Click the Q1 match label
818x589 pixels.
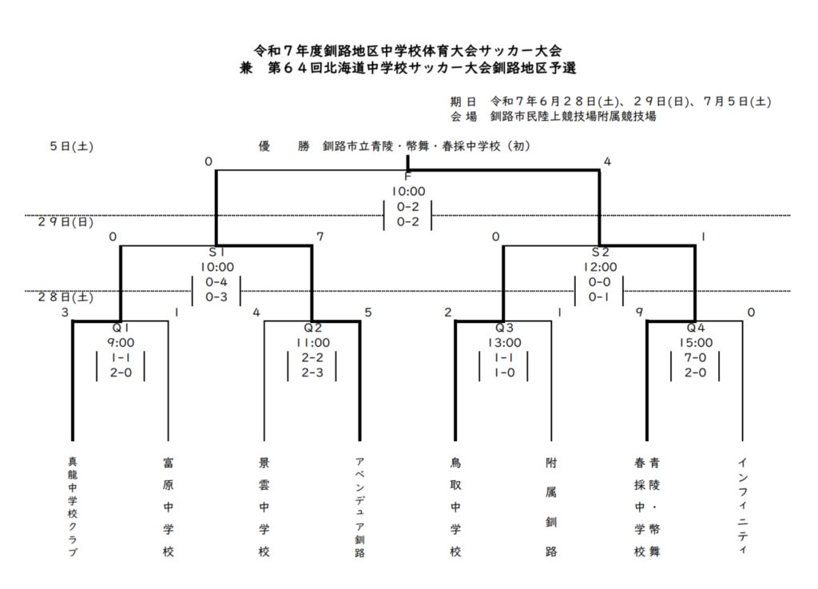coord(121,328)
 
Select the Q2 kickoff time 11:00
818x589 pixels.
coord(312,343)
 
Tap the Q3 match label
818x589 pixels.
coord(504,328)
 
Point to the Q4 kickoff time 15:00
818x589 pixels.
coord(696,343)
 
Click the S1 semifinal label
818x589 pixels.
coord(216,253)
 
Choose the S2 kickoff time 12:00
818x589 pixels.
coord(600,267)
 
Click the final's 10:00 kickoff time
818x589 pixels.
coord(408,192)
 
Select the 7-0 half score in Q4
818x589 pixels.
coord(696,358)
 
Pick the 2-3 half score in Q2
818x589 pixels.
coord(312,373)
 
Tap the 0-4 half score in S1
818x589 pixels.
coord(216,282)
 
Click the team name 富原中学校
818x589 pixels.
coord(168,507)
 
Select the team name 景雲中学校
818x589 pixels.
coord(264,507)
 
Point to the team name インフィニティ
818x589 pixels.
coord(743,506)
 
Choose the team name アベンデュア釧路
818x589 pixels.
coord(359,507)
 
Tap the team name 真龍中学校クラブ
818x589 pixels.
coord(73,507)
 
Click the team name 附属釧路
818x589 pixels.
coord(551,507)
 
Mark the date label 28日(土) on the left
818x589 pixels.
coord(66,296)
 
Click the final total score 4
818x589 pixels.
coord(607,161)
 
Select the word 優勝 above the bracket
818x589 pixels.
coord(284,146)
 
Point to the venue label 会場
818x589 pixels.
coord(464,117)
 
